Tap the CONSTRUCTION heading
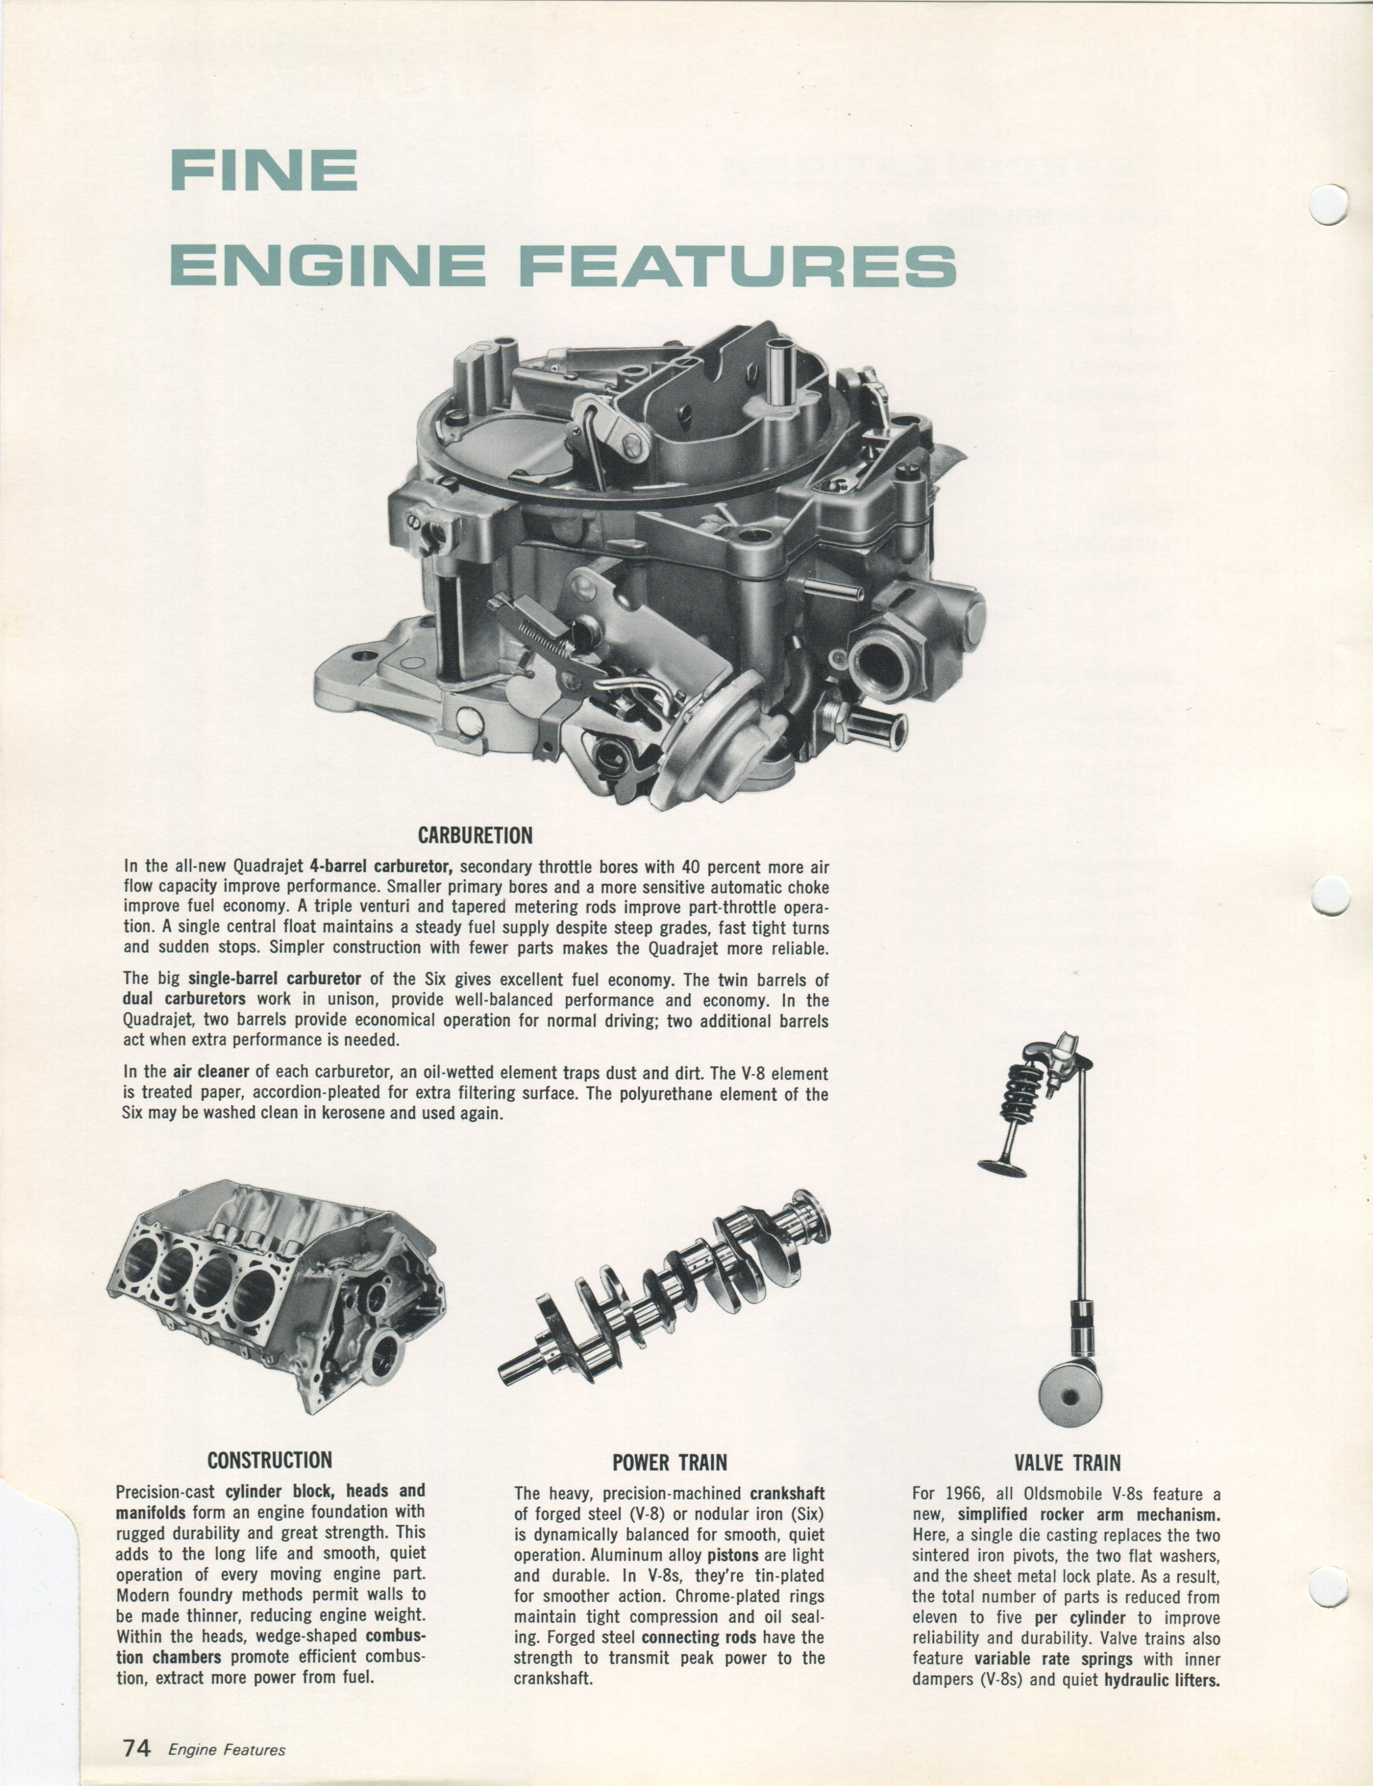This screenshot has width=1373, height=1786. (270, 1460)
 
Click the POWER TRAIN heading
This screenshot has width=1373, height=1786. (669, 1462)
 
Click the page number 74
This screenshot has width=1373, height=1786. (137, 1742)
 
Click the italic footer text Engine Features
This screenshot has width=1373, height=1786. (226, 1744)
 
